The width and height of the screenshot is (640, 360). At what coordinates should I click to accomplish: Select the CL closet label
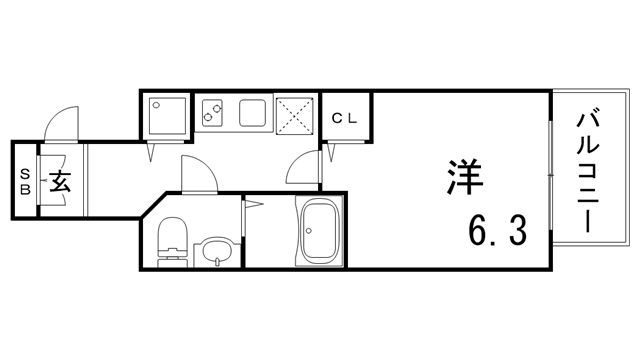[x=344, y=118]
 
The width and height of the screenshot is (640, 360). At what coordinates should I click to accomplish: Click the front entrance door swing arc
[x=60, y=128]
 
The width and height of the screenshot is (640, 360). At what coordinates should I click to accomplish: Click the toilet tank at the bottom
[x=172, y=263]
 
